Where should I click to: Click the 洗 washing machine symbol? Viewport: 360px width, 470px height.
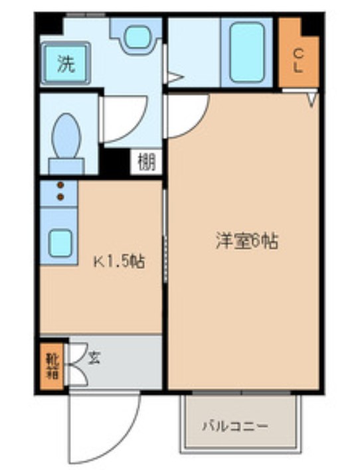click(x=66, y=63)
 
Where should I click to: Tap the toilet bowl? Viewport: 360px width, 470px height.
click(x=66, y=135)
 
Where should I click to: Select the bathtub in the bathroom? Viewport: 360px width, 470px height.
click(x=247, y=52)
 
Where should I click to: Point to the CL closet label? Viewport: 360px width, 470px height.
click(x=298, y=61)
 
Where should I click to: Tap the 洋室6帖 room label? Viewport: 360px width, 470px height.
click(x=246, y=242)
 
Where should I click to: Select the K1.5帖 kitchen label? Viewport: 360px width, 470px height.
click(x=120, y=262)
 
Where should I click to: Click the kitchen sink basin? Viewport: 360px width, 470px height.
click(x=60, y=243)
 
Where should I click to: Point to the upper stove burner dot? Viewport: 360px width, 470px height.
click(x=61, y=185)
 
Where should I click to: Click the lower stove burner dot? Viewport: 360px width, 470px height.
click(x=60, y=197)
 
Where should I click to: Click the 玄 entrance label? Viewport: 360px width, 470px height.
click(x=94, y=357)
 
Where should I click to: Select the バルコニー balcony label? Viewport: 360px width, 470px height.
click(x=235, y=426)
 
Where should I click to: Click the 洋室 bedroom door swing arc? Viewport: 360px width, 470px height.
click(x=199, y=123)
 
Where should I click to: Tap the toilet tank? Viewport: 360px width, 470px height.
click(x=66, y=167)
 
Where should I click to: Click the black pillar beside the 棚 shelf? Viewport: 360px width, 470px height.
click(x=115, y=162)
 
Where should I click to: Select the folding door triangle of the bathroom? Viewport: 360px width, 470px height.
click(x=175, y=77)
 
